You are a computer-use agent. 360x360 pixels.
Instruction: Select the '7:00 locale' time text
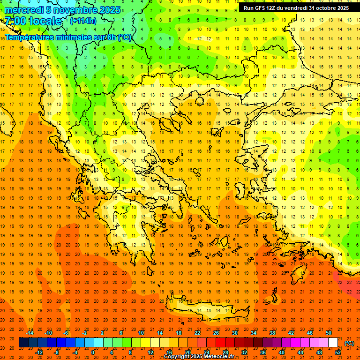[33, 21]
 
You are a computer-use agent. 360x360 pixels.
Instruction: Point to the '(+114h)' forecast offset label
[83, 21]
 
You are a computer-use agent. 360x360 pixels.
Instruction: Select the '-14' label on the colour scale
[30, 333]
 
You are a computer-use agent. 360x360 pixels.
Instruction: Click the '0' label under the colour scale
[93, 352]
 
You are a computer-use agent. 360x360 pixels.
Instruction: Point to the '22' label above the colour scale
[197, 333]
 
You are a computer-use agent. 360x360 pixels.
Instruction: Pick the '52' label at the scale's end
[337, 352]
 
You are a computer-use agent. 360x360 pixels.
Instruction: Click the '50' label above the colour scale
[329, 333]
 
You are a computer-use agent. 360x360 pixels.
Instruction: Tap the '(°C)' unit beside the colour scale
[349, 343]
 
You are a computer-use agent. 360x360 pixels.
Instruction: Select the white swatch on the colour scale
[333, 343]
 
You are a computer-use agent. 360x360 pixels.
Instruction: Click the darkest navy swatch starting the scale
[23, 343]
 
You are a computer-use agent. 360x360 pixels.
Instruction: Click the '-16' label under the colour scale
[21, 352]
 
